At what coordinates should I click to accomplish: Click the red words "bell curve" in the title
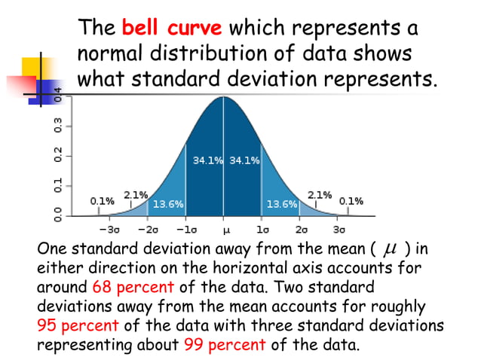(x=172, y=29)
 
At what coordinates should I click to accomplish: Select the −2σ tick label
(x=149, y=229)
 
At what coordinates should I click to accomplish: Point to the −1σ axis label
(x=186, y=229)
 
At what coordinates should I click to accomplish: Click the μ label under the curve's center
(x=225, y=230)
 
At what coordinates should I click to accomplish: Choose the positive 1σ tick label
(x=262, y=229)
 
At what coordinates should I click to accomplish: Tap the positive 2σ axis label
(x=301, y=229)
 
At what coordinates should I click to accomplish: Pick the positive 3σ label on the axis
(x=339, y=229)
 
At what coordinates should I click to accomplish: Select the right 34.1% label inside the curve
(x=244, y=160)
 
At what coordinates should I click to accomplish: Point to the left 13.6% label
(x=168, y=204)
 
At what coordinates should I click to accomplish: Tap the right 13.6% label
(x=281, y=204)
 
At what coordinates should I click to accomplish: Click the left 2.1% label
(x=135, y=194)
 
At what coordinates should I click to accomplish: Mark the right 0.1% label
(x=351, y=201)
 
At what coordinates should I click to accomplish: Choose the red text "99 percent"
(x=224, y=344)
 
